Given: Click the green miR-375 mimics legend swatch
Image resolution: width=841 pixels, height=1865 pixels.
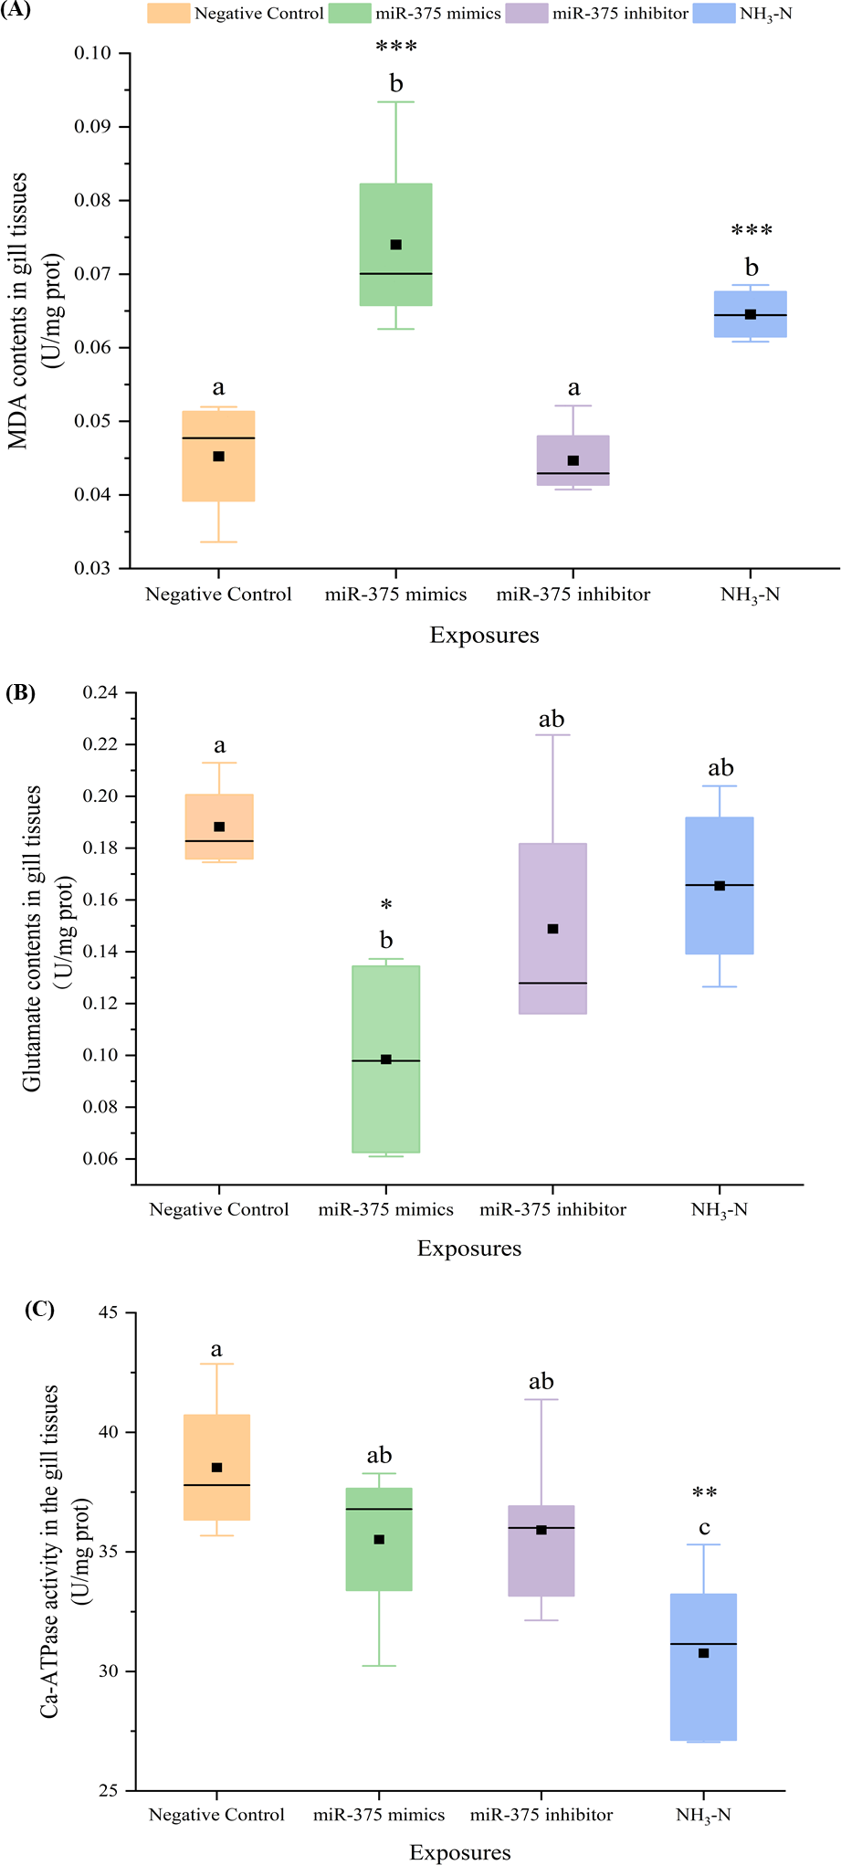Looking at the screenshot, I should pos(349,13).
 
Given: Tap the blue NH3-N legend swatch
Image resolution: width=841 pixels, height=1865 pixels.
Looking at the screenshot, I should pos(713,13).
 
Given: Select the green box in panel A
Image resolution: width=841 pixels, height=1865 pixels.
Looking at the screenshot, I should pos(395,245).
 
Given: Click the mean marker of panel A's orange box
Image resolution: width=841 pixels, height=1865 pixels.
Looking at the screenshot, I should pos(218,456).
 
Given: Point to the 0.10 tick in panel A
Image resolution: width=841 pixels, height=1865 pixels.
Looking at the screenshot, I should pos(92,53).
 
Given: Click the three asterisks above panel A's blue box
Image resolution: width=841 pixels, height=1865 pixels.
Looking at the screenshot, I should pos(752,231).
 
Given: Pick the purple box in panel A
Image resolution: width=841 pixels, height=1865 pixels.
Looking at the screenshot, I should pos(573,459).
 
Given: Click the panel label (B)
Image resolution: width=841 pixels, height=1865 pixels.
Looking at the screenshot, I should pos(20,692).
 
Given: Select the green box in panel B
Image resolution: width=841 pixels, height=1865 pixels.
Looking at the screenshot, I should pos(385,1059).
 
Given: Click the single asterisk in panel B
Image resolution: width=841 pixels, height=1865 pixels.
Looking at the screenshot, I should pos(386,905).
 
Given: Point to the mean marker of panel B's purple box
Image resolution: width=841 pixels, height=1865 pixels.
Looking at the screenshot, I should pos(552,929).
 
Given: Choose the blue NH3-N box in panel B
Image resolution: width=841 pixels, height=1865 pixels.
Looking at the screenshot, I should pos(720,885).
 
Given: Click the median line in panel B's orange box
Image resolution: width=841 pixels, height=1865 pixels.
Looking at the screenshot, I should pos(219,840).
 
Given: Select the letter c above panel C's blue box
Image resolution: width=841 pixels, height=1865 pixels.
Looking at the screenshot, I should pos(704,1528).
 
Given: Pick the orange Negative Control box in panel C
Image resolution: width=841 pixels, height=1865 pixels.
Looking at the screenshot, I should pos(216,1468).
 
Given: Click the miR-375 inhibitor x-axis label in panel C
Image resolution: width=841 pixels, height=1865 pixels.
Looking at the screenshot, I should pos(541,1814).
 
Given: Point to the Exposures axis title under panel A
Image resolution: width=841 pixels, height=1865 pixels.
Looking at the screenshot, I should pos(484,635).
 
